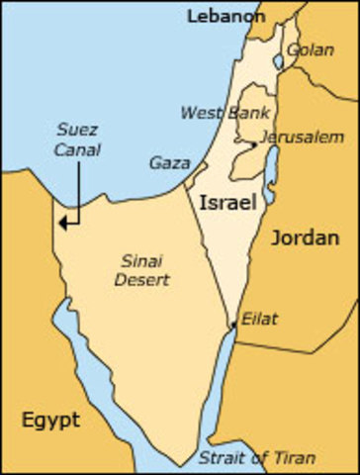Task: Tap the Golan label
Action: click(306, 48)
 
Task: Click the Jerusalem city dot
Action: click(254, 144)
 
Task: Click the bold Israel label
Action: click(228, 203)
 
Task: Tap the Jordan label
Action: click(307, 237)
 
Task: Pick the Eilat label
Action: click(260, 319)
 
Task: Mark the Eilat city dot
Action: click(232, 324)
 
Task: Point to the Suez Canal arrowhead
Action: click(61, 223)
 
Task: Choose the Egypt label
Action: click(50, 420)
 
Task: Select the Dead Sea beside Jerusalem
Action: click(268, 168)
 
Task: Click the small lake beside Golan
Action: click(278, 61)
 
